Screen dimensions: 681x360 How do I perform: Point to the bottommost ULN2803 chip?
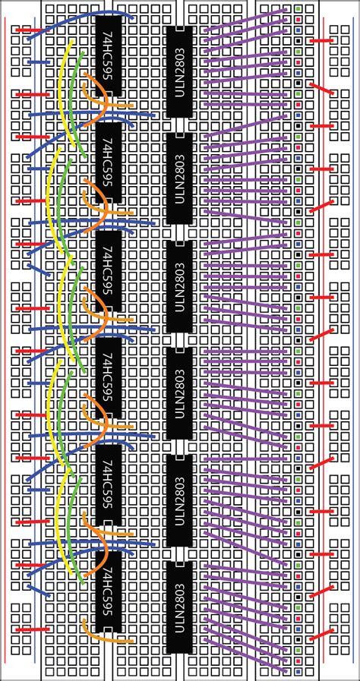pos(179,607)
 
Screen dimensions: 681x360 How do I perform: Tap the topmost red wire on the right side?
pos(322,40)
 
